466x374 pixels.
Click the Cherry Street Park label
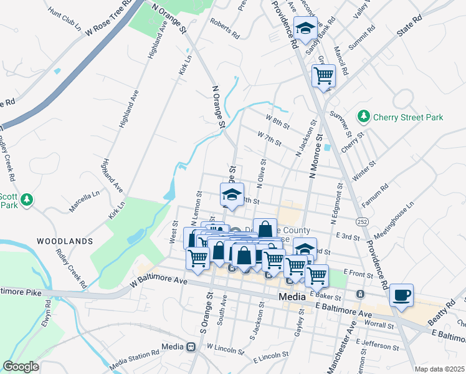click(407, 117)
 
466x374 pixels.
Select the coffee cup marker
click(401, 295)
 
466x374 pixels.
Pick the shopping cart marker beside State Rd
click(323, 76)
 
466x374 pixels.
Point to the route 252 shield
click(361, 221)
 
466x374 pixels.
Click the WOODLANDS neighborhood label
click(64, 241)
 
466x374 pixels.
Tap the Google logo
click(21, 367)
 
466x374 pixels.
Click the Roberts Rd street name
click(224, 29)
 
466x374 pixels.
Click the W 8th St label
click(277, 121)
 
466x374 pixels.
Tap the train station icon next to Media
click(190, 347)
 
